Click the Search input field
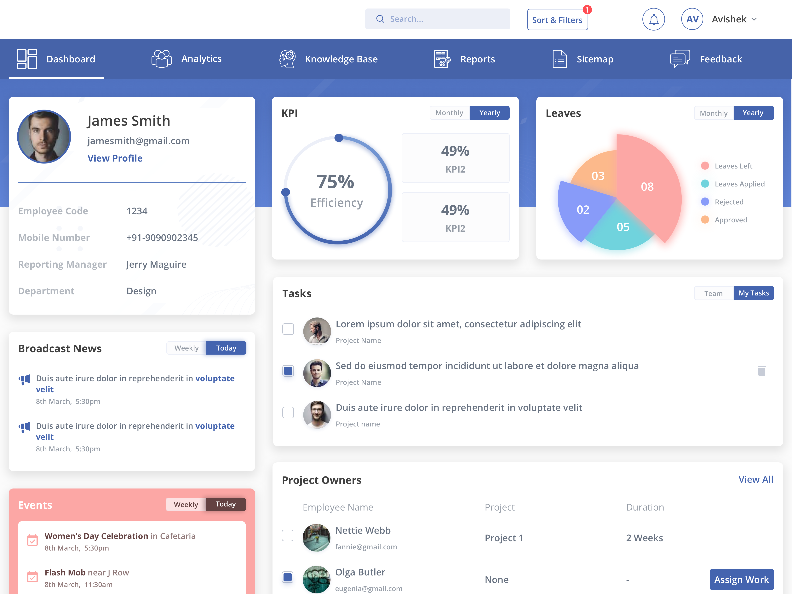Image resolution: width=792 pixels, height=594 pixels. tap(438, 19)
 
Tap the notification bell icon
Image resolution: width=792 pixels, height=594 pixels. tap(653, 19)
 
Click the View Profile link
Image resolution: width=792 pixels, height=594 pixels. tap(115, 158)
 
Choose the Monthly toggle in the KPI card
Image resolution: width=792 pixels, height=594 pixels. tap(449, 113)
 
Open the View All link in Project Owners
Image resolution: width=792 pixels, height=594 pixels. tap(755, 479)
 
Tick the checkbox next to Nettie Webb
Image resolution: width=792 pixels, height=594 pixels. tap(288, 535)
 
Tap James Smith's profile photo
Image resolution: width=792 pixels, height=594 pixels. tap(44, 136)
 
